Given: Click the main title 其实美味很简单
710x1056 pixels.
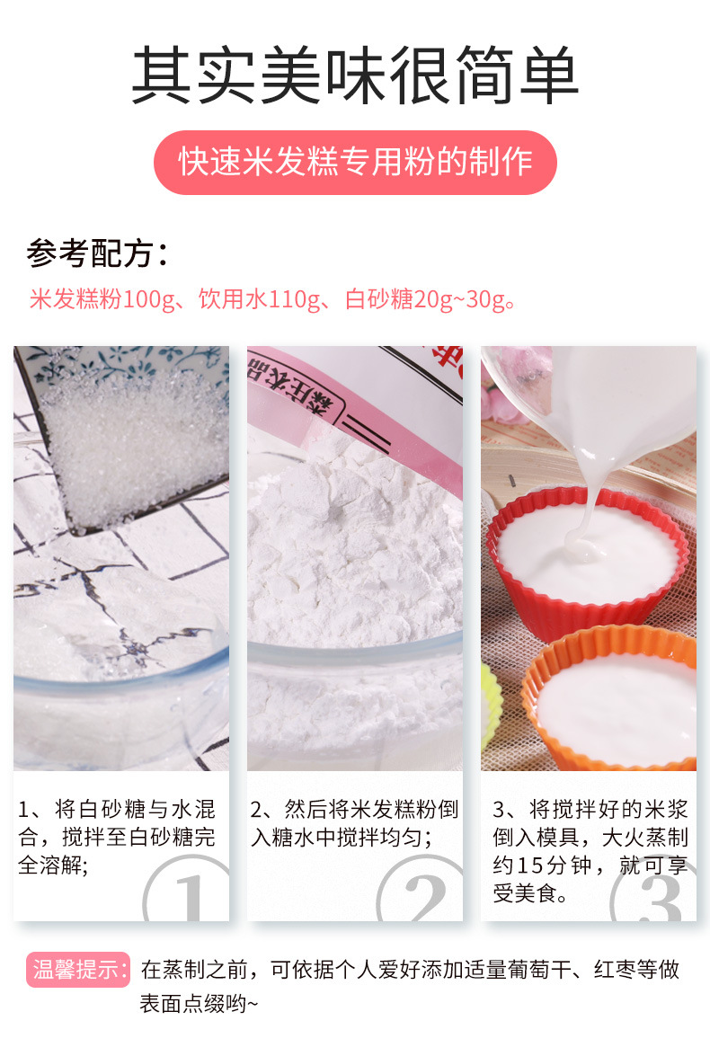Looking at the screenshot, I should [x=355, y=76].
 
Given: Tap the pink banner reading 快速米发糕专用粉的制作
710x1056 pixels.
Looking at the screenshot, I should [x=355, y=162].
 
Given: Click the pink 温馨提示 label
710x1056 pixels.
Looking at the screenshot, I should [x=79, y=970].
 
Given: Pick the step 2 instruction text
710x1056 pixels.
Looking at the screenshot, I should [x=353, y=823].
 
